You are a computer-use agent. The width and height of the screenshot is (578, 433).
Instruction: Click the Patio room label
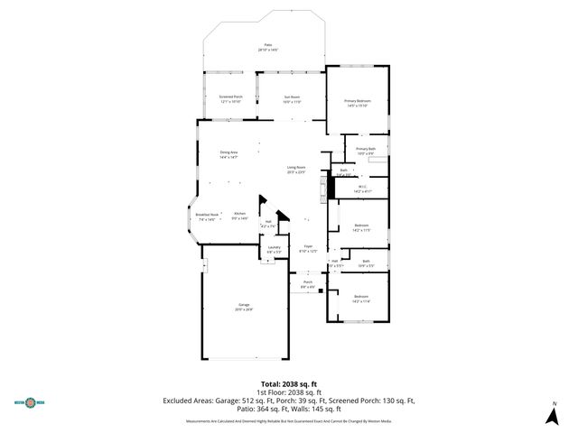(x=267, y=47)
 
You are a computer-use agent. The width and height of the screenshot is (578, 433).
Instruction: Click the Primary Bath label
(x=365, y=151)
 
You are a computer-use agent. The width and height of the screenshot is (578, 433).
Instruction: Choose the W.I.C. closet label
(x=363, y=189)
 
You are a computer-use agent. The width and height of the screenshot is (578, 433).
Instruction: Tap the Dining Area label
(x=228, y=155)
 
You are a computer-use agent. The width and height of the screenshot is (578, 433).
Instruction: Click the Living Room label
(x=296, y=170)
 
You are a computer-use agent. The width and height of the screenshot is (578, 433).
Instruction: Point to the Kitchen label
(x=239, y=216)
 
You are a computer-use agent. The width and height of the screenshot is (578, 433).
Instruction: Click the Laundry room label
(x=274, y=249)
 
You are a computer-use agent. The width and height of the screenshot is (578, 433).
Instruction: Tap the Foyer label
(x=308, y=249)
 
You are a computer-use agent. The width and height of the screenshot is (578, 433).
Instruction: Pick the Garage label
(x=244, y=307)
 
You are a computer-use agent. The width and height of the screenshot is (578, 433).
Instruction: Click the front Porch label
(x=308, y=284)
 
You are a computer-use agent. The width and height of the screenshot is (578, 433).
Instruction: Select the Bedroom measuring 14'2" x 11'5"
(x=361, y=226)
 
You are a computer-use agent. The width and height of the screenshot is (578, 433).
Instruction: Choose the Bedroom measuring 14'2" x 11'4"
(x=361, y=299)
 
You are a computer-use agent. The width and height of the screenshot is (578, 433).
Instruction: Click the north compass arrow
(x=554, y=414)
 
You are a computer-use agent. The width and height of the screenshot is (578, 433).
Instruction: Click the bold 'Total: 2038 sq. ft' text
(x=288, y=383)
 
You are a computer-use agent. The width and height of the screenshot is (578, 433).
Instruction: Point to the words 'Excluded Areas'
(x=189, y=400)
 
